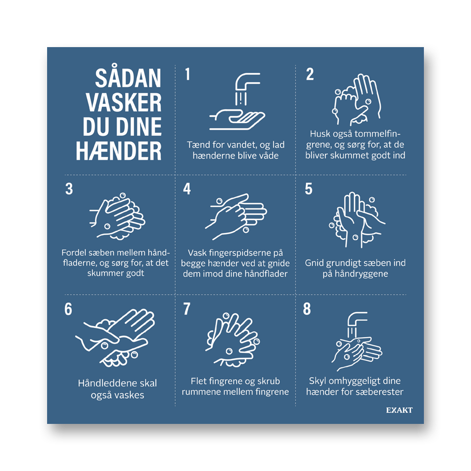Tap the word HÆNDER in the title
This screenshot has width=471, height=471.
point(119,151)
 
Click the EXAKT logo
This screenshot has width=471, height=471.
point(399,410)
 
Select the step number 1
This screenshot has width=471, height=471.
point(188,74)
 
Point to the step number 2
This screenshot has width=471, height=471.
point(310,74)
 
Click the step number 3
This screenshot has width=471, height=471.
point(69,189)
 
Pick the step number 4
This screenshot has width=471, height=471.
point(187,189)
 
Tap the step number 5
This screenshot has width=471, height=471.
point(309,189)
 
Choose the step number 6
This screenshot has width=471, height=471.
point(68,309)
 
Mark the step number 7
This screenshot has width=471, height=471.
point(187,309)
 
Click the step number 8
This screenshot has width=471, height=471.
point(307,309)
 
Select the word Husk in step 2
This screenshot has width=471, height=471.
point(320,134)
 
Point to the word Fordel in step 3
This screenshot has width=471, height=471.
point(73,252)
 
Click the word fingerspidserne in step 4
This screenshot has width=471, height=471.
point(235,253)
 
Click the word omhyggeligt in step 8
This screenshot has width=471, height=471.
point(355,382)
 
